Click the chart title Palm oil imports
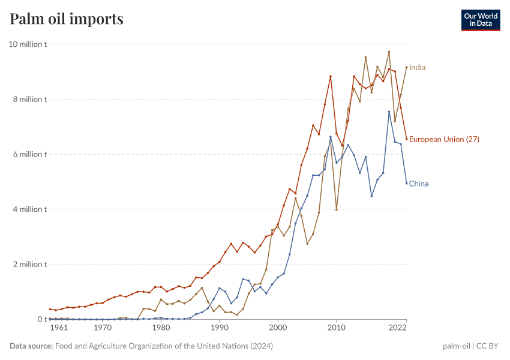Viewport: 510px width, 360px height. click(x=67, y=19)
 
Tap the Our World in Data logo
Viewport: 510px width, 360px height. click(x=480, y=20)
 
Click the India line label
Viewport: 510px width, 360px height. click(x=417, y=68)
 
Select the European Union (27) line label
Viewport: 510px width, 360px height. click(x=444, y=139)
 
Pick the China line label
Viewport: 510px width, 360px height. click(x=419, y=184)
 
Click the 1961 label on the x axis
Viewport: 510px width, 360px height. click(x=58, y=328)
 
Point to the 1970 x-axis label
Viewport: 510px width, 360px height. click(x=103, y=328)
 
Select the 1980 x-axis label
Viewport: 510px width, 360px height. click(x=161, y=328)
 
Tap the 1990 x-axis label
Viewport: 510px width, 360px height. click(x=220, y=328)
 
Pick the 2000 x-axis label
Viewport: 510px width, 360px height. click(x=278, y=328)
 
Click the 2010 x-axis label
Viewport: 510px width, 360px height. click(x=337, y=328)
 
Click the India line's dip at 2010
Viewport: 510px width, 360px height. click(x=337, y=209)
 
